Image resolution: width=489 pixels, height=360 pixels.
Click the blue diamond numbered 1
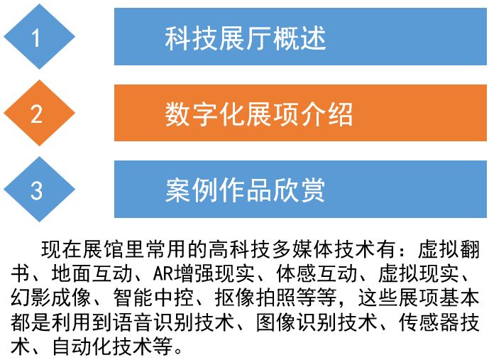39,36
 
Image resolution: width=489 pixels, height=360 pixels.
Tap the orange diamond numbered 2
39,113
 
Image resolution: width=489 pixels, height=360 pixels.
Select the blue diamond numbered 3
39,189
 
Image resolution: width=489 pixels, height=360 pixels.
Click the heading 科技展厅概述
246,38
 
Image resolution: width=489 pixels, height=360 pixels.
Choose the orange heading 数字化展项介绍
259,114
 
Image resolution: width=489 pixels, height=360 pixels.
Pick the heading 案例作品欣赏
245,190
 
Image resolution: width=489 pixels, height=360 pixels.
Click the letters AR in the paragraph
163,273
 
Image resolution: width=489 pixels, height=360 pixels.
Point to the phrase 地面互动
92,273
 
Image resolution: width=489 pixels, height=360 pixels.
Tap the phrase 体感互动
317,273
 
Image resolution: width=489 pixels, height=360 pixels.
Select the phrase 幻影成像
51,298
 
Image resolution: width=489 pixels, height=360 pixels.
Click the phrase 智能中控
153,298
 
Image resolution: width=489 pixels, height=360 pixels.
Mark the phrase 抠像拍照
255,298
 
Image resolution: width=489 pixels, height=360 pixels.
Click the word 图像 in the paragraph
275,322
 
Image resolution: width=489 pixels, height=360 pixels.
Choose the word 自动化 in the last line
82,347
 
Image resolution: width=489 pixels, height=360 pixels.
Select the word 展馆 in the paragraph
103,249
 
